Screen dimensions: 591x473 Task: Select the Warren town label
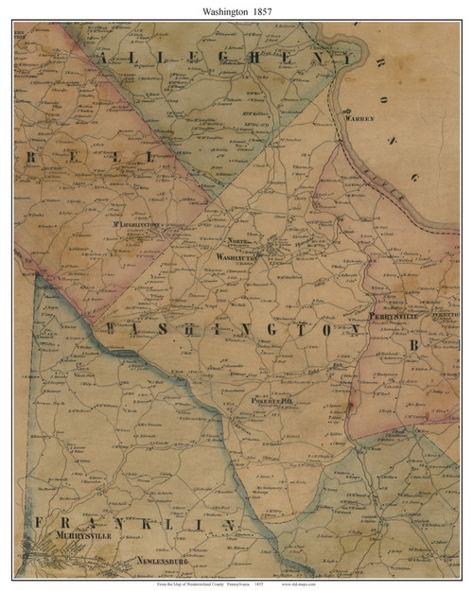point(366,119)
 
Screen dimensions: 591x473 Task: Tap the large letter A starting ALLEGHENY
point(105,58)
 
